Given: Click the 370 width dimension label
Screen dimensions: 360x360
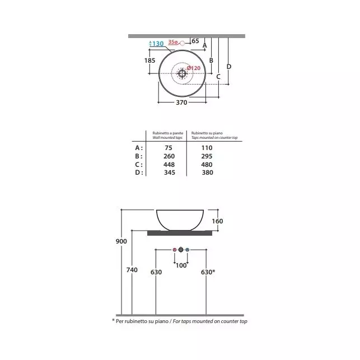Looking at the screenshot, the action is (x=181, y=102).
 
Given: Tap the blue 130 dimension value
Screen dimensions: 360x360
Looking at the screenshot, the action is (x=158, y=44).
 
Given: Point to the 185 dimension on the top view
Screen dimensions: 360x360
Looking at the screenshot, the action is (x=149, y=60).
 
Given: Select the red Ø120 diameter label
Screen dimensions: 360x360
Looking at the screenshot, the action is (x=194, y=68).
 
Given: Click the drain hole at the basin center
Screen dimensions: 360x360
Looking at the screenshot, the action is (x=182, y=73).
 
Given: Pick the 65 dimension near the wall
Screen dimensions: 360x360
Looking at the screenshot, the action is (x=195, y=41).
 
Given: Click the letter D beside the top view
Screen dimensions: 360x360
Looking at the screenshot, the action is (x=229, y=67).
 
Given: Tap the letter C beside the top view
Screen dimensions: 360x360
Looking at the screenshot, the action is (x=218, y=77).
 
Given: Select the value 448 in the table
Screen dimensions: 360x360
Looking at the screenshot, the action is (x=169, y=165).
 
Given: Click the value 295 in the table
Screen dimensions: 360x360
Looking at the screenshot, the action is (x=207, y=156).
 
